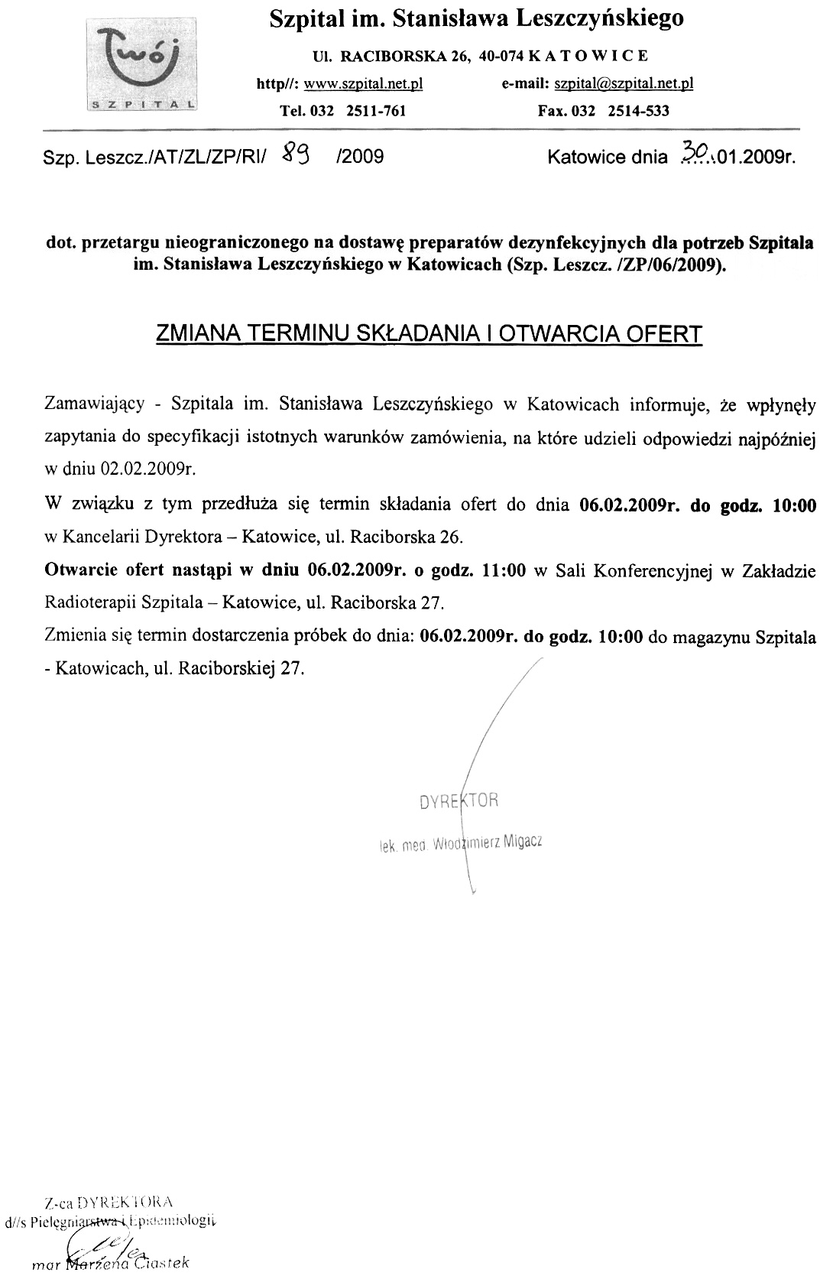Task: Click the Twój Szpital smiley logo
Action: (140, 58)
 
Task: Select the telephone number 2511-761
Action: (375, 111)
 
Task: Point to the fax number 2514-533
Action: (638, 111)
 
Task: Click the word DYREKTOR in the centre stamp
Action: (459, 801)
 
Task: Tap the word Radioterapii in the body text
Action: (92, 602)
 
